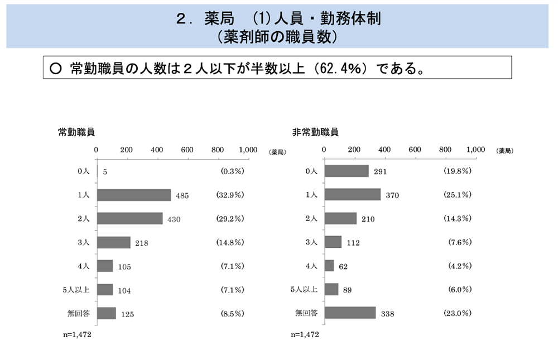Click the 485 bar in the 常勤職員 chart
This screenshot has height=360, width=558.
click(x=133, y=195)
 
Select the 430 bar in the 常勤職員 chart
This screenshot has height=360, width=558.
click(x=129, y=218)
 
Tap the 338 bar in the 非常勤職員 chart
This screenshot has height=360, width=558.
click(x=350, y=313)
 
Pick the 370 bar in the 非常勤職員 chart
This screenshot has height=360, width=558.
click(x=352, y=194)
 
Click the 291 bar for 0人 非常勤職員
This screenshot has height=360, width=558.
click(x=347, y=171)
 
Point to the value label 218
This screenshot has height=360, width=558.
click(x=141, y=243)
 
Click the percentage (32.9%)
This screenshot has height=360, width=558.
click(x=230, y=195)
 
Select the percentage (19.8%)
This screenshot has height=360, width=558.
click(x=458, y=171)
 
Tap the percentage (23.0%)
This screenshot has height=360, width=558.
click(x=458, y=313)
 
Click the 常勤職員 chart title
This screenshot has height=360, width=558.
click(x=76, y=132)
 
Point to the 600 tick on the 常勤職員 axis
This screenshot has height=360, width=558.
click(x=187, y=150)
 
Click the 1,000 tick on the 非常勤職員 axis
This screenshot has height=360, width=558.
click(x=475, y=150)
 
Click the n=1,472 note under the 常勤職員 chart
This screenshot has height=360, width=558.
click(x=76, y=335)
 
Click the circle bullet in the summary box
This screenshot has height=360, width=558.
click(x=55, y=69)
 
